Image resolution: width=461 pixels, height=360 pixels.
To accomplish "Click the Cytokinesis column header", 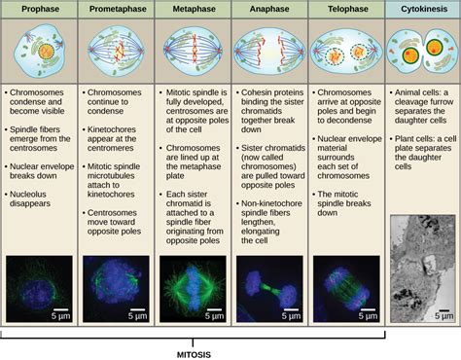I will [x=422, y=9].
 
